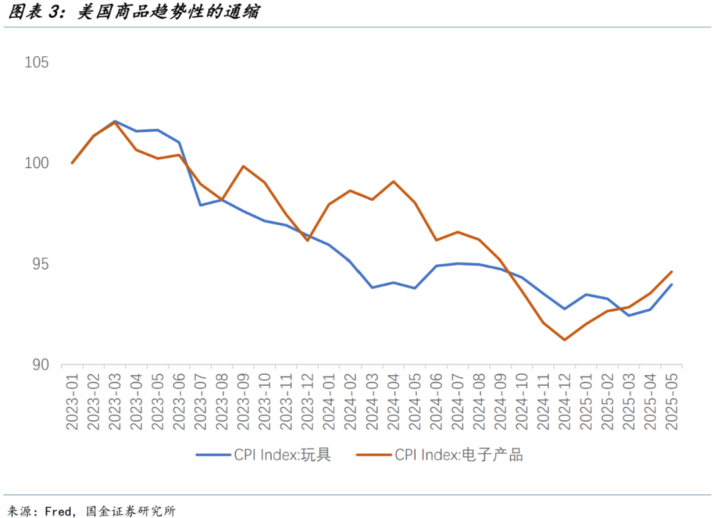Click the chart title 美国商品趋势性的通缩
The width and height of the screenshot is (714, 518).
168,13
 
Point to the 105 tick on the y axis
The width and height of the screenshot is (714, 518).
36,63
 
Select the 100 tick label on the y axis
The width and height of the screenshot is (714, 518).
36,163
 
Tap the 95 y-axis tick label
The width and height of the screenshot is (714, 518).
40,264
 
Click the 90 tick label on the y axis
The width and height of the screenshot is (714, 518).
40,365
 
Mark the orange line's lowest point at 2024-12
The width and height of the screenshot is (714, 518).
565,340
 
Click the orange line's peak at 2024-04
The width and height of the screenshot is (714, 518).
393,181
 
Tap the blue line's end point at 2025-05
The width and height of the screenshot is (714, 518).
672,285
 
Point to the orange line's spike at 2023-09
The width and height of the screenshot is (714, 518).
243,166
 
